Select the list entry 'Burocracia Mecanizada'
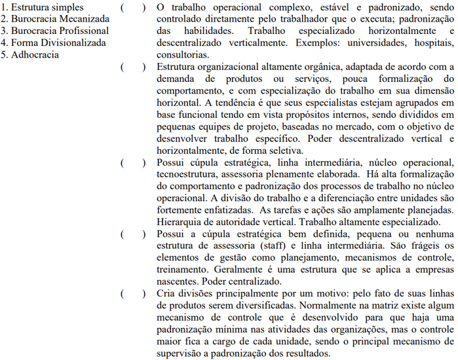pos(55,19)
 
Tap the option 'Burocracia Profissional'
pos(54,31)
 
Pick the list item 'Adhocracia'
pos(30,54)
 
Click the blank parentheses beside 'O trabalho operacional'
pos(133,7)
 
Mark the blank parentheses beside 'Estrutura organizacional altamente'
pos(133,66)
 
